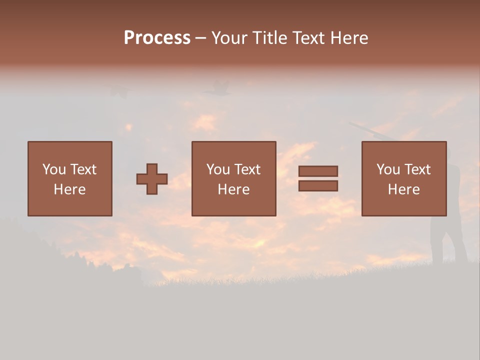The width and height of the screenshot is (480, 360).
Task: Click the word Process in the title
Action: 157,38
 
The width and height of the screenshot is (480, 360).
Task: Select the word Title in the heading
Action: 269,38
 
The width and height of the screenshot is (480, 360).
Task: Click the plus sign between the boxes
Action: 152,179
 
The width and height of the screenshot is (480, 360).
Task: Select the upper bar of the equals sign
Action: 318,171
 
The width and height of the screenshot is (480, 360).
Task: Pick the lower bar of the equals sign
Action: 318,186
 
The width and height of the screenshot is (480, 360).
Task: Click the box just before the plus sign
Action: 69,178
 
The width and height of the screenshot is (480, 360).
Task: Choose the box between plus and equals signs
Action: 233,178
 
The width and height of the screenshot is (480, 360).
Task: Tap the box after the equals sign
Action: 403,178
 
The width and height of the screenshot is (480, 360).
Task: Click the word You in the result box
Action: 388,169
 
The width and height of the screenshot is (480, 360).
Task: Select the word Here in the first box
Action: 69,189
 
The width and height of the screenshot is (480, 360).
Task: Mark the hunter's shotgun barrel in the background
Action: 367,129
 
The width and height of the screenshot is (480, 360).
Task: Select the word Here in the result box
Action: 403,189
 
